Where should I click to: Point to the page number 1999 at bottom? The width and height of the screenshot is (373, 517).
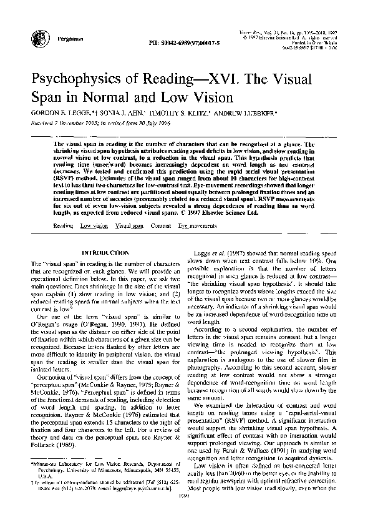click(186, 512)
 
